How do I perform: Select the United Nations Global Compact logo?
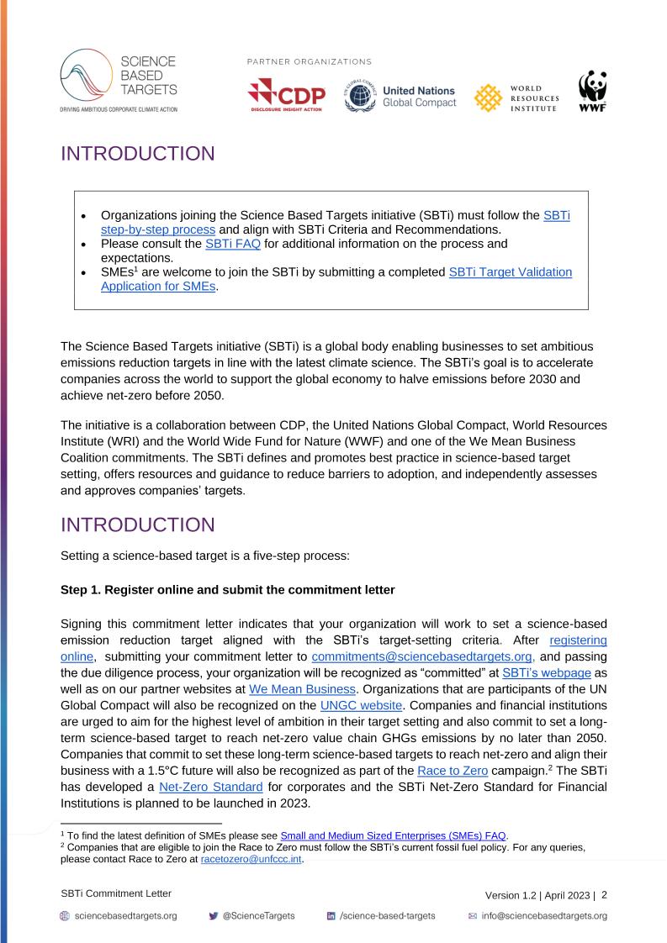(x=399, y=97)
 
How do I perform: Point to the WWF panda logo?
(x=592, y=95)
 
